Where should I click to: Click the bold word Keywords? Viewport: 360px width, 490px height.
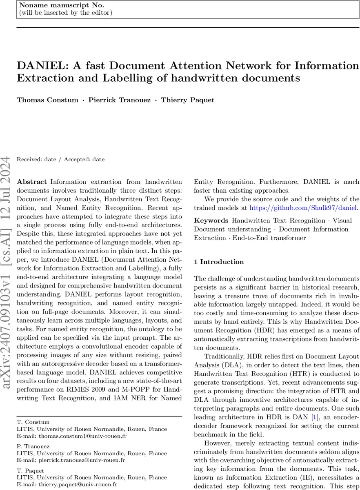(211, 220)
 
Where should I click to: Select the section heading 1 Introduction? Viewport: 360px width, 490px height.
(219, 262)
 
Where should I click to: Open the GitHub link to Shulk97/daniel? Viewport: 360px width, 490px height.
(303, 208)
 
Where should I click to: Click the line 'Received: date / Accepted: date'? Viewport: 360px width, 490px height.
(60, 159)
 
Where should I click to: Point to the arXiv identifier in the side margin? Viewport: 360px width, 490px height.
(8, 265)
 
